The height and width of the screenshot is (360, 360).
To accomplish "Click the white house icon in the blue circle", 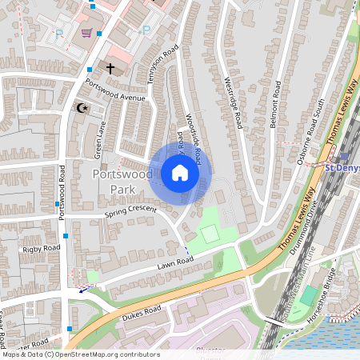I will click(x=180, y=173).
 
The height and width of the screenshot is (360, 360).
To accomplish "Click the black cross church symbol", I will click(x=110, y=70).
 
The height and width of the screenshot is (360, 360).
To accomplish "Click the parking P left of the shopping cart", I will click(x=59, y=34).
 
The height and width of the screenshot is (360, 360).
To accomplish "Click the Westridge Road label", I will click(x=233, y=102).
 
